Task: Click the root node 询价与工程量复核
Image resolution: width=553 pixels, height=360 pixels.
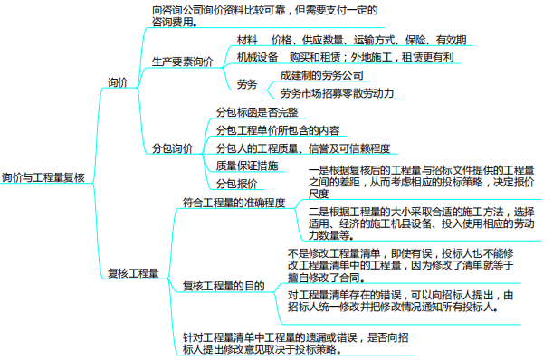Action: click(x=43, y=178)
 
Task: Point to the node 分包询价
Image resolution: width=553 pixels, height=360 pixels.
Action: click(x=171, y=147)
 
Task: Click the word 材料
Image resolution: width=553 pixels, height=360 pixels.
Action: click(x=247, y=41)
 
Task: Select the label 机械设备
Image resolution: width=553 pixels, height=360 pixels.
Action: click(x=258, y=57)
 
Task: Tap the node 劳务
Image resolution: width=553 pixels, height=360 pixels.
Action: click(x=247, y=84)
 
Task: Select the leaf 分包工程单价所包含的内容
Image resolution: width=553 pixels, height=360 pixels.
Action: click(x=278, y=130)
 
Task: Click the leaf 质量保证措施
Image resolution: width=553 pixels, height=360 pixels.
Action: click(x=246, y=166)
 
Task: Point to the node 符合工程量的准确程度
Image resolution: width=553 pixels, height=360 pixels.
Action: click(x=234, y=203)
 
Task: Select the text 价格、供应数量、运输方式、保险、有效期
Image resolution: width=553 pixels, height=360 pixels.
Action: click(x=375, y=41)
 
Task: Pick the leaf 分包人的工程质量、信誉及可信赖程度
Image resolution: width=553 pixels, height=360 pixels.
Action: click(x=302, y=147)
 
